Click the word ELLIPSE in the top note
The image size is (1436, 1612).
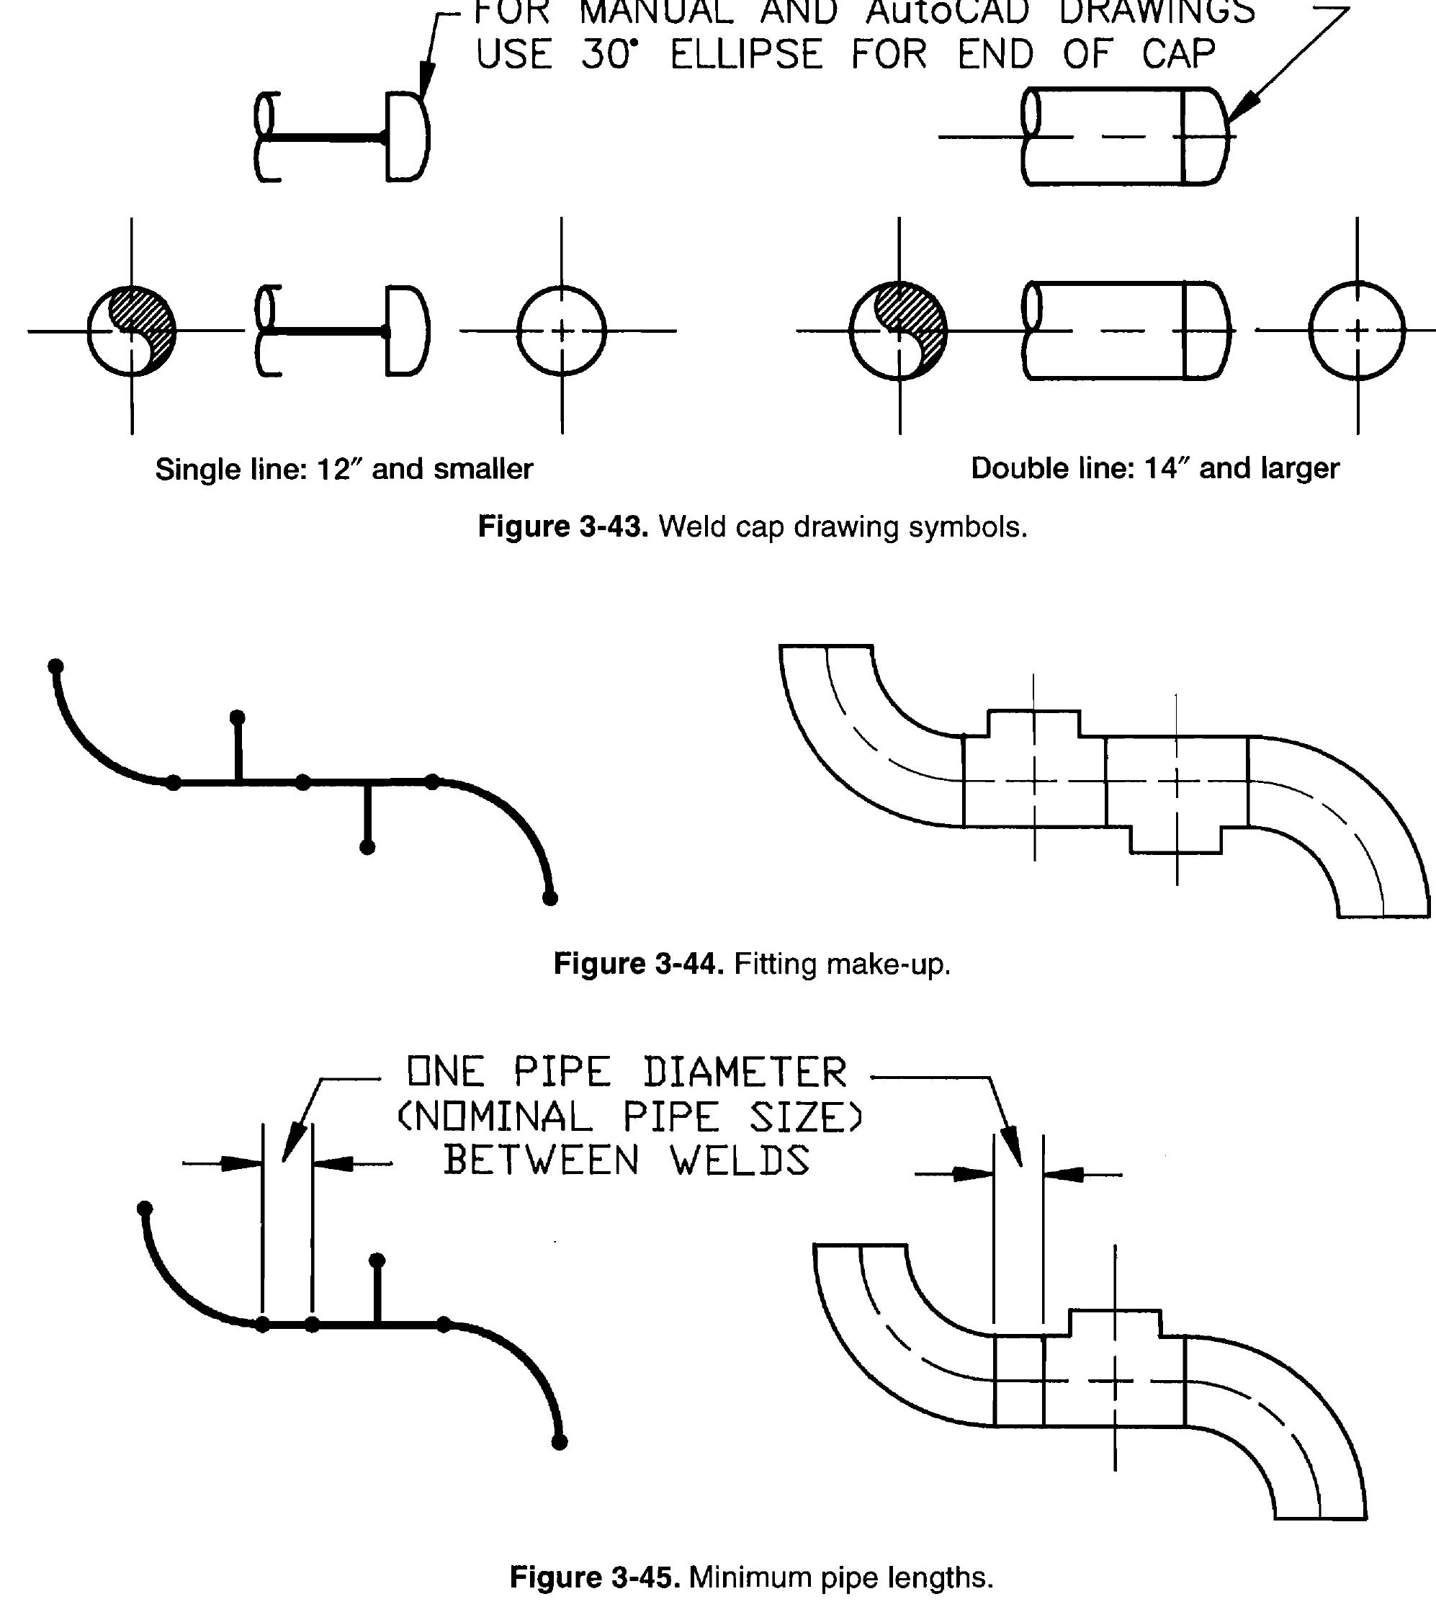pos(745,55)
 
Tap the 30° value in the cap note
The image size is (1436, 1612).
pos(609,55)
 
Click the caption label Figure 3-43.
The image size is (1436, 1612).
pos(562,527)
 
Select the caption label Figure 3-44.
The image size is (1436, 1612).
pos(637,964)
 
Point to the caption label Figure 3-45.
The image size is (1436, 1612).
pos(594,1577)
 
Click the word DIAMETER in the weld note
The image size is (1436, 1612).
pos(745,1073)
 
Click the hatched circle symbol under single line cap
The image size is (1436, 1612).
pos(132,331)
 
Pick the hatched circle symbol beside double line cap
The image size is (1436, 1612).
pos(899,331)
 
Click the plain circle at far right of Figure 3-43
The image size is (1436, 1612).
pos(1357,331)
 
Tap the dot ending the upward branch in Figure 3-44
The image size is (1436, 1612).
pos(238,717)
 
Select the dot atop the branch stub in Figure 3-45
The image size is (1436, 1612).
pos(377,1259)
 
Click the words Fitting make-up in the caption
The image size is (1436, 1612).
pos(842,964)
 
